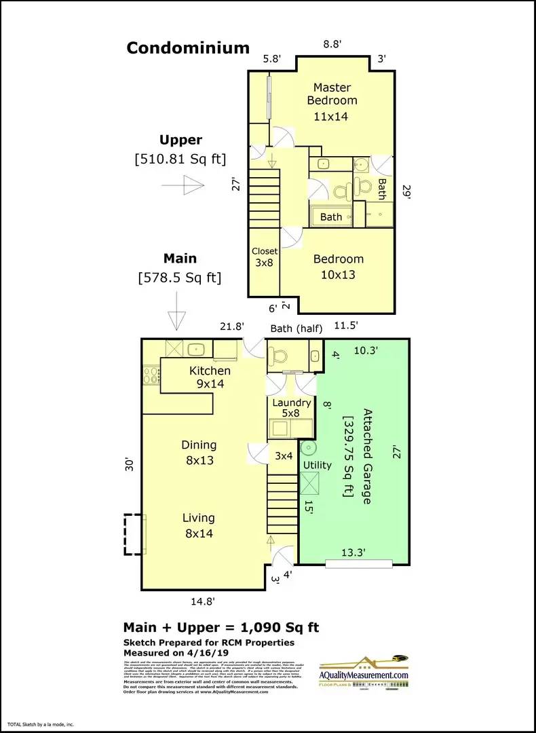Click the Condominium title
pos(188,48)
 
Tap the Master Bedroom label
pos(332,100)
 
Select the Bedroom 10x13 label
pos(338,267)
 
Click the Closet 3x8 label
pos(264,257)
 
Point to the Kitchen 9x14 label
pos(210,377)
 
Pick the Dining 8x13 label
pos(199,452)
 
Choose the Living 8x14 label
pos(198,525)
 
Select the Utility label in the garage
pos(317,465)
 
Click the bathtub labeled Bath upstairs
pos(332,217)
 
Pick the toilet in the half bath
pos(279,355)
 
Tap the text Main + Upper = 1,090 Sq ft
pos(221,627)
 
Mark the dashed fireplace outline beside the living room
pos(134,535)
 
